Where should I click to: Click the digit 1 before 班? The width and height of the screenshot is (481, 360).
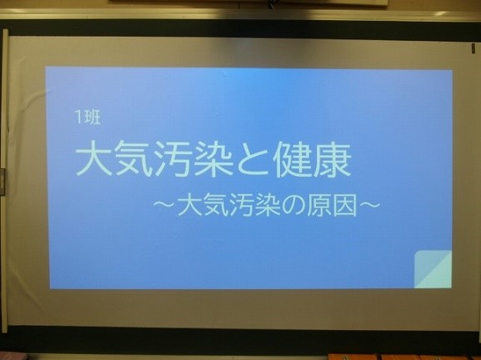(78, 117)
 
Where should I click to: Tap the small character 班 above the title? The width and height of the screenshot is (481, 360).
(92, 117)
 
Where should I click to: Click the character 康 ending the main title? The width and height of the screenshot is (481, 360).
(333, 159)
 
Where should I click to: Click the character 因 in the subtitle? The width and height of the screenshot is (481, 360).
(345, 205)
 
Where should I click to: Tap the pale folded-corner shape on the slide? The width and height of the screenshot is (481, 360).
(433, 269)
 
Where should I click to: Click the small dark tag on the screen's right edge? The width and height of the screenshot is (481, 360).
(473, 48)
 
